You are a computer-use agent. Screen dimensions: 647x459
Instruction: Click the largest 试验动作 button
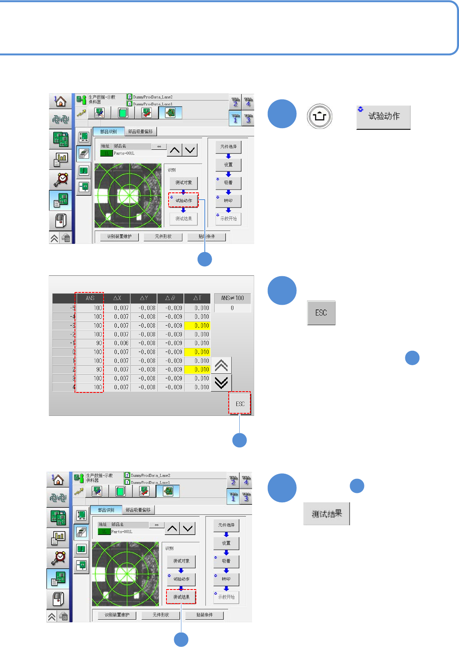(x=383, y=117)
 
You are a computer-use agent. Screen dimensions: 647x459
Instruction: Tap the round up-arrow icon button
(x=319, y=116)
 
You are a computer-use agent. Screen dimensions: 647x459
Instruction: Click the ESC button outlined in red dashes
(x=240, y=404)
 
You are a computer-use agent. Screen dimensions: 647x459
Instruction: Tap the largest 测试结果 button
(x=326, y=514)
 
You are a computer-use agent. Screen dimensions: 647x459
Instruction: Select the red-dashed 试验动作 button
(x=184, y=200)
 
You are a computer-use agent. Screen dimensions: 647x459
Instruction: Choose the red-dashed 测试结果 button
(x=181, y=597)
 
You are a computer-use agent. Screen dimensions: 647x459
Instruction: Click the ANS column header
(x=90, y=298)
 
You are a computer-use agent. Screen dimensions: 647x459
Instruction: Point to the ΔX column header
(x=117, y=298)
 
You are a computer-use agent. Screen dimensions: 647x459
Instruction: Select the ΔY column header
(x=144, y=298)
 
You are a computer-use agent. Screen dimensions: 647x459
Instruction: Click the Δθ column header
(x=170, y=298)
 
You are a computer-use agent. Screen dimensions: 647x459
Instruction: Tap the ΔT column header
(x=197, y=298)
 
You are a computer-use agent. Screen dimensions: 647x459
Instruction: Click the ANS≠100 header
(x=232, y=298)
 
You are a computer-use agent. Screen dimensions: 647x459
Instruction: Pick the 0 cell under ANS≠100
(x=232, y=308)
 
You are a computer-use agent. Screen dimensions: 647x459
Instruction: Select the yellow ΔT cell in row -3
(x=198, y=326)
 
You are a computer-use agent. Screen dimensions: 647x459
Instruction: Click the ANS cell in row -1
(x=90, y=343)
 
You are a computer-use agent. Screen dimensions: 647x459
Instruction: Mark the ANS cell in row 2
(x=90, y=369)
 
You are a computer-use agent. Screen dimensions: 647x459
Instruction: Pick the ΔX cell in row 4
(x=117, y=387)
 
